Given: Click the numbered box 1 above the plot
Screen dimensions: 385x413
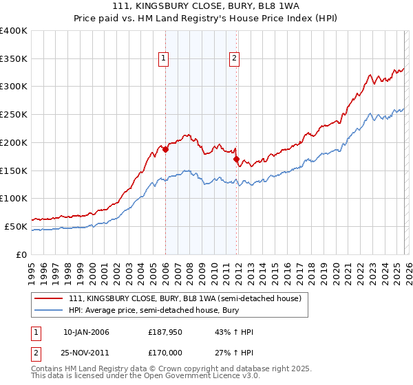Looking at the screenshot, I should point(165,59).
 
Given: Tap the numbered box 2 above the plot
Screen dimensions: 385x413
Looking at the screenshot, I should point(235,59).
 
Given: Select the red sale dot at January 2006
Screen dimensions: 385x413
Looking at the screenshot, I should point(165,148).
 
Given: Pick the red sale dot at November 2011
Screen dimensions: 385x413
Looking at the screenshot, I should point(237,159).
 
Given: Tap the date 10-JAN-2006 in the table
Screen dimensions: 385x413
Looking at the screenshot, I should point(86,332).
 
